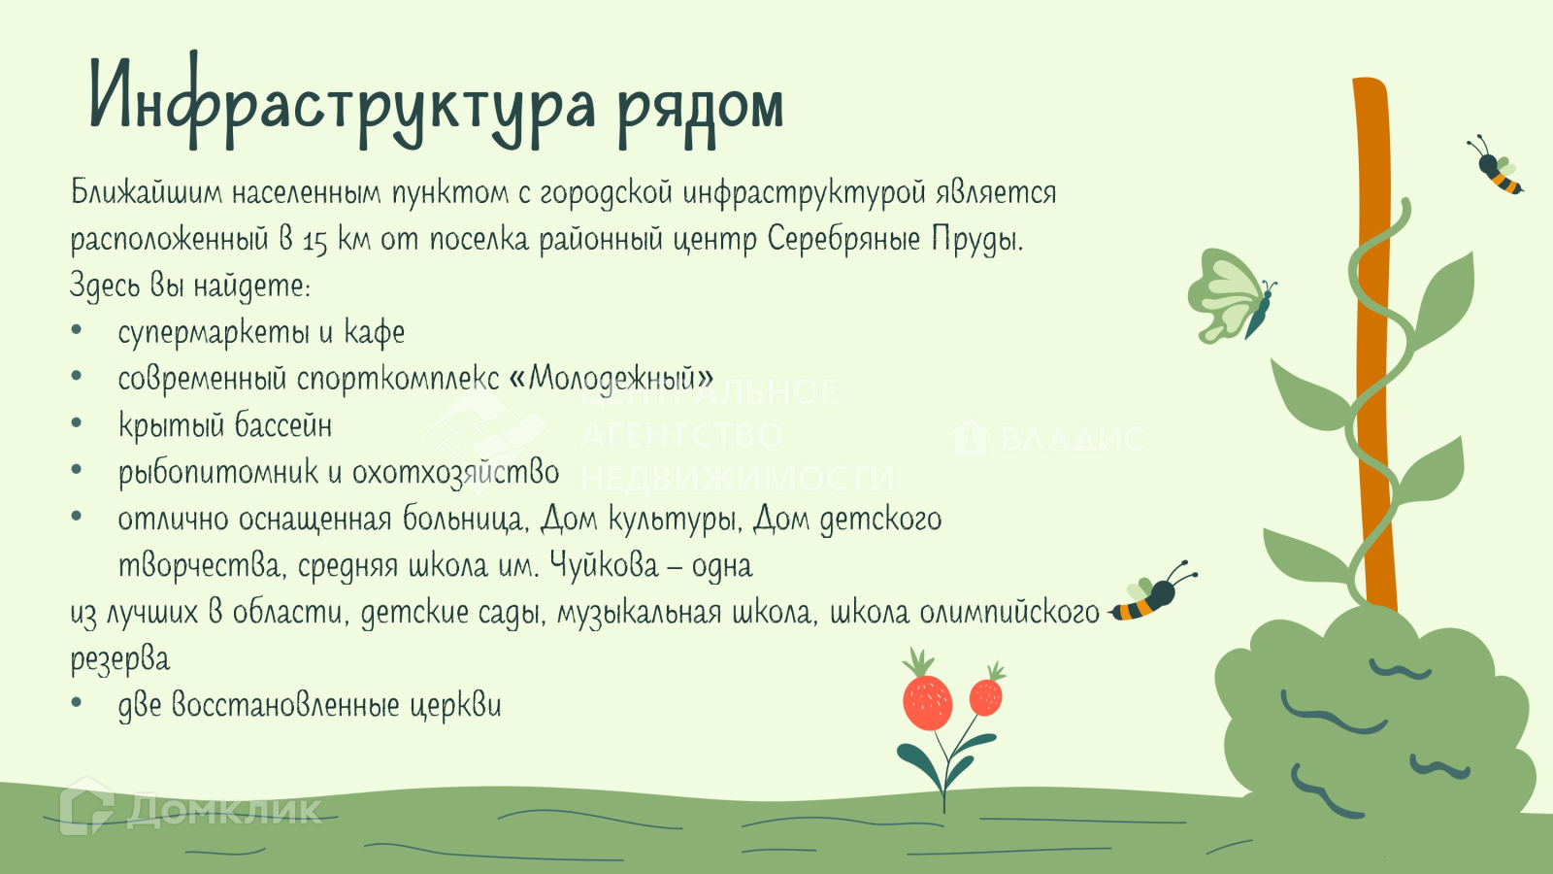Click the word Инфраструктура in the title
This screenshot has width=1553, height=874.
pyautogui.click(x=343, y=102)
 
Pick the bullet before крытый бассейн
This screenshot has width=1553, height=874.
pyautogui.click(x=77, y=423)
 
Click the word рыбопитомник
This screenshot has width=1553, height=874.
pyautogui.click(x=218, y=473)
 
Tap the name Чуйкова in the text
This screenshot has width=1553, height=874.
pyautogui.click(x=604, y=564)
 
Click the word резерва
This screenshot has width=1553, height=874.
pyautogui.click(x=120, y=659)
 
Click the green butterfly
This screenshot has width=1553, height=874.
pyautogui.click(x=1232, y=296)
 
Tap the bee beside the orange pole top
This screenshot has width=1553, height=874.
pyautogui.click(x=1496, y=166)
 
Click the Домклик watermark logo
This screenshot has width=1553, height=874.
pyautogui.click(x=190, y=807)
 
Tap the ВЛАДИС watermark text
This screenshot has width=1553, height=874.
pyautogui.click(x=1047, y=438)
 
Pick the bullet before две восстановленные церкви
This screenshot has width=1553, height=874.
pyautogui.click(x=77, y=703)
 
